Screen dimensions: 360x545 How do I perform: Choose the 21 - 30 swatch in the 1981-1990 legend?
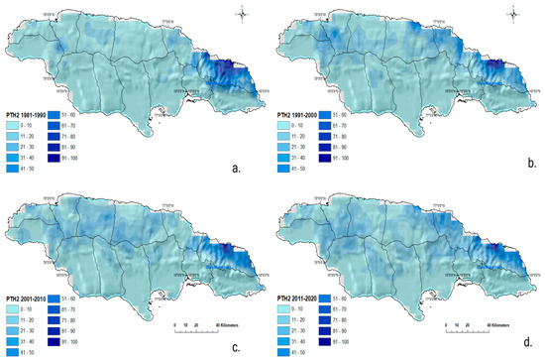tap(12, 134)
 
